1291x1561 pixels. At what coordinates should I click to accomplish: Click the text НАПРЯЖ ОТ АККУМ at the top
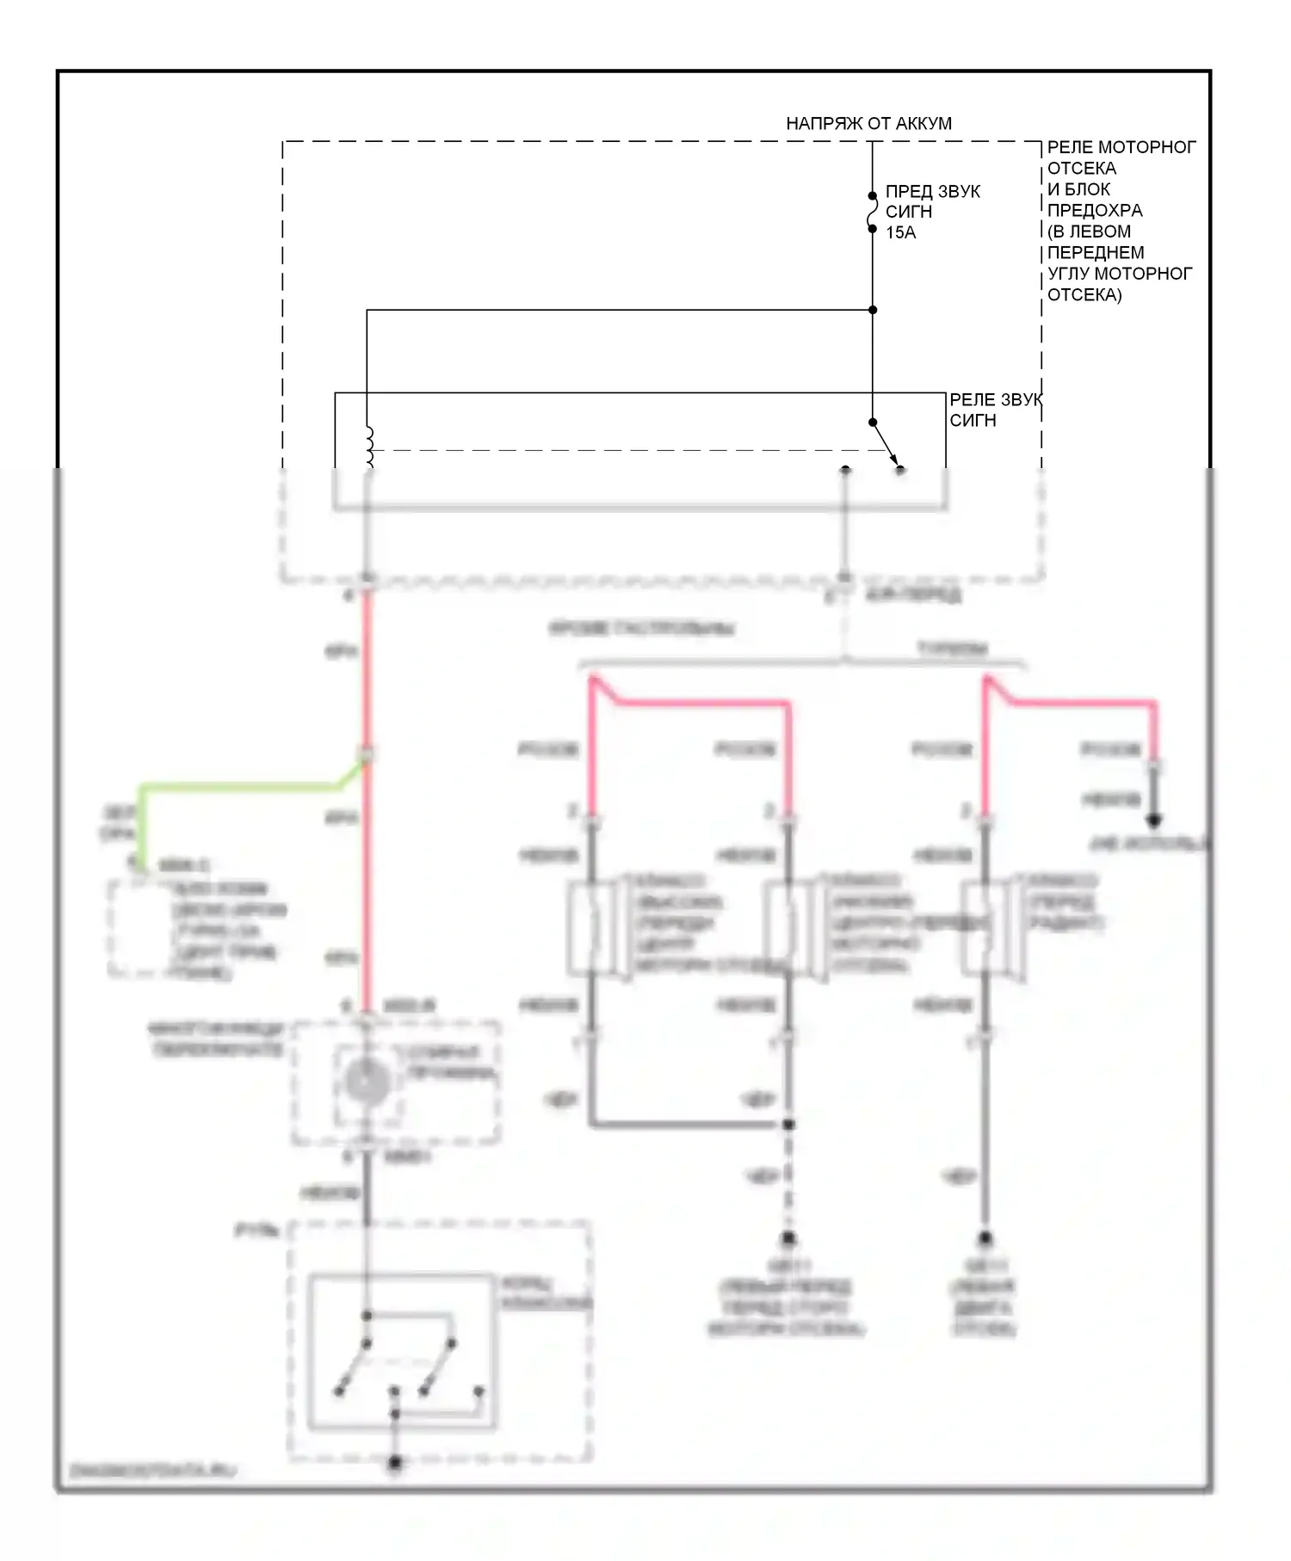click(x=868, y=124)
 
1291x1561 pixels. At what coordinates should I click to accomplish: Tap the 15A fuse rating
click(x=900, y=232)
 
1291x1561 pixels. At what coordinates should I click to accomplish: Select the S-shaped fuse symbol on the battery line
click(x=872, y=213)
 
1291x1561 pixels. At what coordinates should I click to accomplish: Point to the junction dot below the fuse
click(x=872, y=310)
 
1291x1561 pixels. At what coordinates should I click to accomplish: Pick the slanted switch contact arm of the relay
click(x=886, y=445)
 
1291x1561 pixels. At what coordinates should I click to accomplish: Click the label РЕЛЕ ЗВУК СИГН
click(x=994, y=410)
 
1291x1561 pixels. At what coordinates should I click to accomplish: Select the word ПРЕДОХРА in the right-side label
click(x=1094, y=211)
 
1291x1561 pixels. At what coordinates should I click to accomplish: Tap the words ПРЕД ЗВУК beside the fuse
click(x=932, y=191)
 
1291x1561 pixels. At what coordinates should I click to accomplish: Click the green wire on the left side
click(x=241, y=787)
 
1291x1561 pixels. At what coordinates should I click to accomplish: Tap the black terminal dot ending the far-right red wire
click(x=1154, y=820)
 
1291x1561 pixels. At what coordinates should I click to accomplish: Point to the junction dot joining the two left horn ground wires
click(x=788, y=1124)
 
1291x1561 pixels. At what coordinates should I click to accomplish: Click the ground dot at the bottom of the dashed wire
click(x=788, y=1238)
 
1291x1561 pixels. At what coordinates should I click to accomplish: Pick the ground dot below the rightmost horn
click(x=985, y=1238)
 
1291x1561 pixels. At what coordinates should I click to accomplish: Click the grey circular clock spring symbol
click(x=368, y=1080)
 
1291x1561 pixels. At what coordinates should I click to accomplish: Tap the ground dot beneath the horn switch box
click(x=395, y=1462)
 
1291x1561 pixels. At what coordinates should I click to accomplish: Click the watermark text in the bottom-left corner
click(x=152, y=1471)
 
